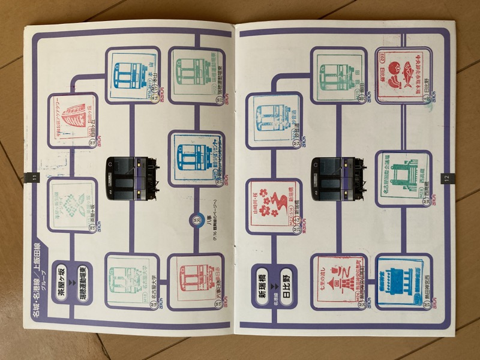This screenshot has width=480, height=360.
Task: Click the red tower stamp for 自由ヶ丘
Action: [73, 118]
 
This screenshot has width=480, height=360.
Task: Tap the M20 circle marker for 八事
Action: [196, 220]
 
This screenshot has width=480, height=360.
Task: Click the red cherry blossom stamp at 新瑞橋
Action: [274, 203]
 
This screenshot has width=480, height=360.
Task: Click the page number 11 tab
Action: [32, 177]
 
